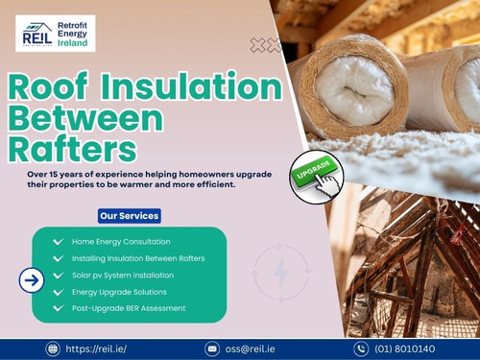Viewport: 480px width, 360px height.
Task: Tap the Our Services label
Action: coord(128,216)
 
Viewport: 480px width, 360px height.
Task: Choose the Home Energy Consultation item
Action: coord(121,241)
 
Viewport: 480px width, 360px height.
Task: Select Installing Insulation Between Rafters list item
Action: coord(137,258)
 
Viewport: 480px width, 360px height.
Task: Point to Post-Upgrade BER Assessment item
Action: coord(128,308)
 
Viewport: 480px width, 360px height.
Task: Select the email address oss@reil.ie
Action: coord(251,349)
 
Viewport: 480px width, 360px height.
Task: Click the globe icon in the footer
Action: coord(53,349)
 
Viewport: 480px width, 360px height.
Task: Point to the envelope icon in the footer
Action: coord(212,349)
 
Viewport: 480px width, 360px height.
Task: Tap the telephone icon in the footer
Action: coord(361,349)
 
